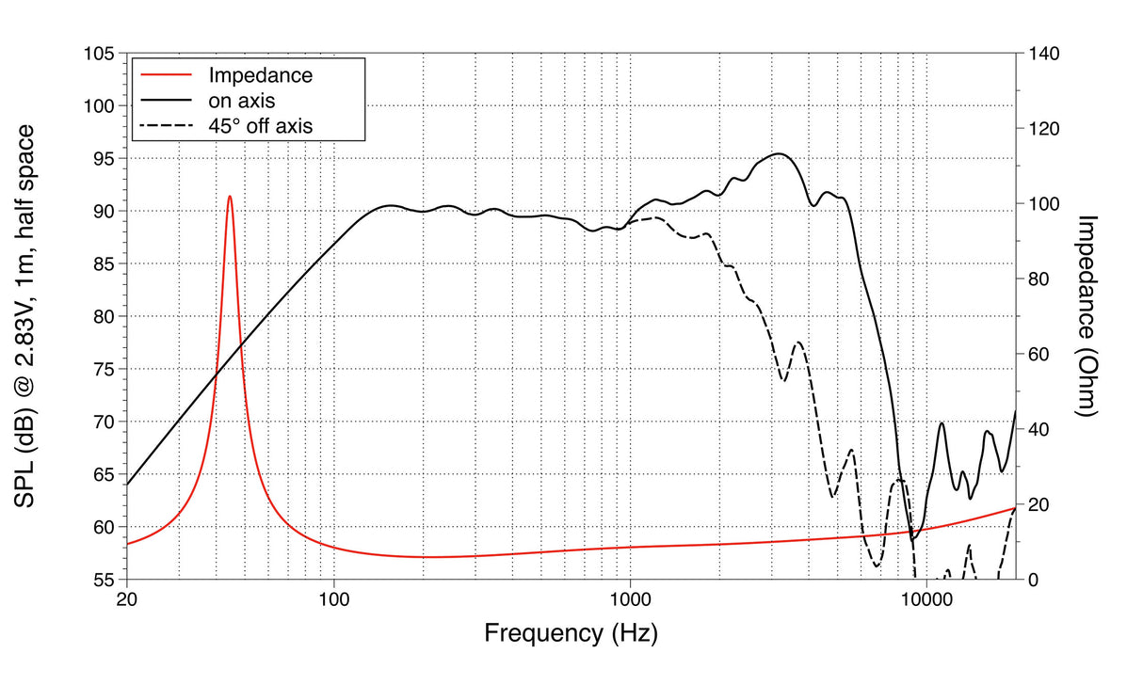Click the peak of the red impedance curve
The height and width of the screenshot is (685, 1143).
(x=229, y=197)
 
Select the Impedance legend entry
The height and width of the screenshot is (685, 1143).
(x=260, y=75)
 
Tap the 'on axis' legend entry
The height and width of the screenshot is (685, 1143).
(x=241, y=100)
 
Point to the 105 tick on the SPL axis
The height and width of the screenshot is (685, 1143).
(x=100, y=55)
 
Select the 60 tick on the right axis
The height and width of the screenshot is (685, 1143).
(x=1038, y=355)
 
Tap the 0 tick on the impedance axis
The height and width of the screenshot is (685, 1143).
(x=1034, y=580)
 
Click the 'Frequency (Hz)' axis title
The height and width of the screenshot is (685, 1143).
(x=571, y=633)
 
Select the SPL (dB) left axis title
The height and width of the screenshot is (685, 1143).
(x=25, y=316)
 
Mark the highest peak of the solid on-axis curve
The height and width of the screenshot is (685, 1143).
(x=778, y=153)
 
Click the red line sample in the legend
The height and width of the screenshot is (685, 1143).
(x=166, y=75)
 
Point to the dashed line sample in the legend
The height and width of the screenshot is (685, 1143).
(x=166, y=124)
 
